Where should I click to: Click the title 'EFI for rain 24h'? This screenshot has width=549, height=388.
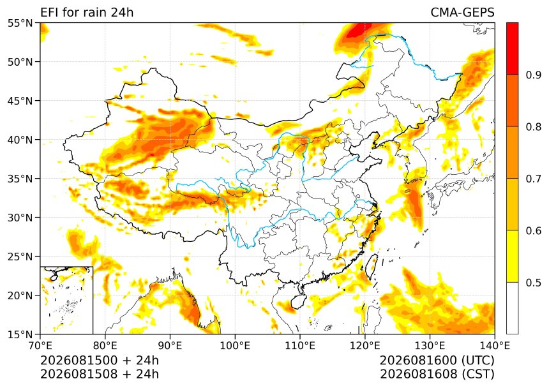click(87, 13)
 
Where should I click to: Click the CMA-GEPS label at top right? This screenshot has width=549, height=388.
click(462, 13)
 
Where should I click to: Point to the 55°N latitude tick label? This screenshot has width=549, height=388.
click(20, 23)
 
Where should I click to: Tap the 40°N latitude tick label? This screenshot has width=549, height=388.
click(20, 140)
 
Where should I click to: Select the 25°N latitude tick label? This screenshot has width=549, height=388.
click(20, 257)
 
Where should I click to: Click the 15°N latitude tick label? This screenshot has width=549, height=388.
click(20, 334)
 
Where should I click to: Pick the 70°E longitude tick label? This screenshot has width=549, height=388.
click(40, 346)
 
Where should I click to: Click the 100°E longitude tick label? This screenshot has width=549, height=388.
click(235, 346)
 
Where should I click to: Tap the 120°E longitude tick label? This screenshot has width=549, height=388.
click(365, 346)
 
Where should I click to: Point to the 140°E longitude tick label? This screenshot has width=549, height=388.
click(495, 346)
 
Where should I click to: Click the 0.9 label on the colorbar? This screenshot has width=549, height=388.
click(534, 75)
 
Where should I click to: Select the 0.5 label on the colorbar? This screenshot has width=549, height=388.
click(534, 282)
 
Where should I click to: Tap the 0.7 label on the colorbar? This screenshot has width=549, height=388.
click(534, 179)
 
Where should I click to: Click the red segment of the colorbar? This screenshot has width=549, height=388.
click(512, 48)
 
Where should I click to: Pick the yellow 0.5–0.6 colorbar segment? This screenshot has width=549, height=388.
click(512, 256)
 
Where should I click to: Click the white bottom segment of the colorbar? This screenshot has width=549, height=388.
click(512, 308)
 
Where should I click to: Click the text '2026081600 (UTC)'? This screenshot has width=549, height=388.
click(437, 361)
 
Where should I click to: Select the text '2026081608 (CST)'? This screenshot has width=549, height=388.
click(437, 374)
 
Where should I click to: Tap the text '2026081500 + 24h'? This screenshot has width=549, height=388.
click(100, 361)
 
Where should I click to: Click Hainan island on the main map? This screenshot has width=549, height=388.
click(299, 301)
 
